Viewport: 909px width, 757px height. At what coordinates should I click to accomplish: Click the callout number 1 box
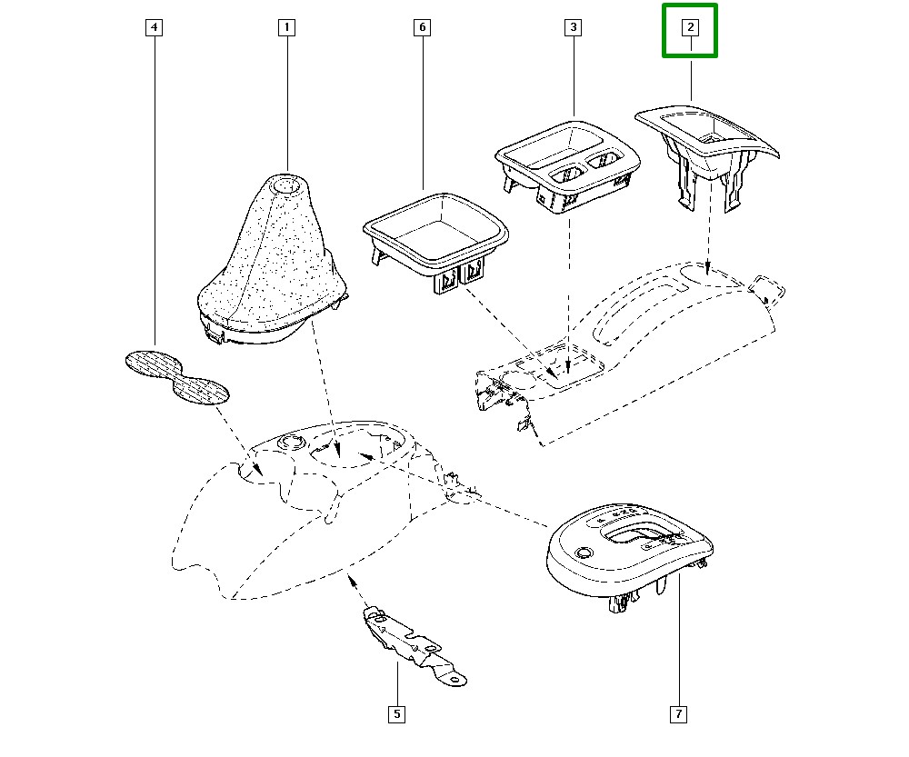[x=286, y=27]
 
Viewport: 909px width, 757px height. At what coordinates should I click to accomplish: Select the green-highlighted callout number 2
[x=690, y=28]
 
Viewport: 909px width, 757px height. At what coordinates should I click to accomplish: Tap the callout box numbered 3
[x=573, y=27]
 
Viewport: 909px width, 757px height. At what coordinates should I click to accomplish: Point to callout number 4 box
[x=155, y=27]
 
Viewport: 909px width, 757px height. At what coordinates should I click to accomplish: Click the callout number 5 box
[x=396, y=714]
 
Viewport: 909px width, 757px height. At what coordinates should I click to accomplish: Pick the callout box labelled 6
[x=422, y=27]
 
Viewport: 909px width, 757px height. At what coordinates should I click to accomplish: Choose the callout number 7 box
[x=678, y=714]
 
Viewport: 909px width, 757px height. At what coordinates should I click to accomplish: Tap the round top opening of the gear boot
[x=286, y=186]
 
